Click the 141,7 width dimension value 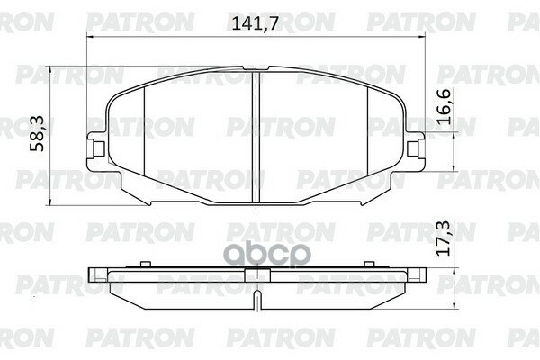tap(255, 23)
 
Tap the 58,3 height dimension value tap(37, 133)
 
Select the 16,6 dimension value tap(443, 106)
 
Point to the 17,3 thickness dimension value tap(443, 238)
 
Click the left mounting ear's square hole tap(99, 149)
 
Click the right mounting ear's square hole tap(413, 149)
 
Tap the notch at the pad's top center tap(256, 68)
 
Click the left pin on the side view tap(146, 264)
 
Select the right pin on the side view tap(369, 264)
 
